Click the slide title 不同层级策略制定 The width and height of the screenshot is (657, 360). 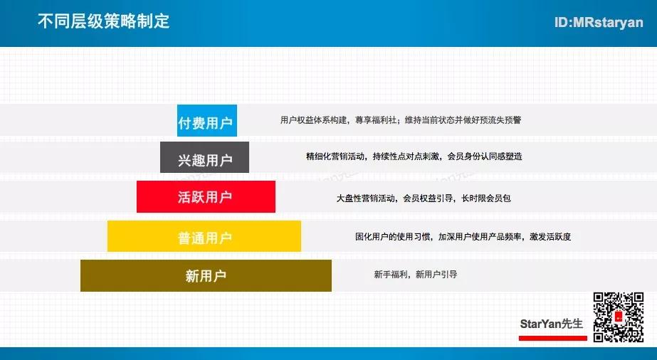click(103, 21)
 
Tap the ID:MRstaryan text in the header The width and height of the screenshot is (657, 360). click(599, 22)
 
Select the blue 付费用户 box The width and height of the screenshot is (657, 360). click(207, 120)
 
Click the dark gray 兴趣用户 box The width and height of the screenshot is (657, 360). click(204, 157)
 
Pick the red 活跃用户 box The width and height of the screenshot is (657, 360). click(206, 197)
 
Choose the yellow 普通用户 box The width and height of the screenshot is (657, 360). click(204, 236)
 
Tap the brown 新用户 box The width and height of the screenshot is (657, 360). click(206, 275)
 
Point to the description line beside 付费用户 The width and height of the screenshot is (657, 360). click(401, 120)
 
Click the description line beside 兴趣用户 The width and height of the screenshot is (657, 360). click(414, 157)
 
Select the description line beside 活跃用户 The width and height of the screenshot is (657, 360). click(424, 198)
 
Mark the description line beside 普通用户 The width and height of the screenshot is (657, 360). click(463, 236)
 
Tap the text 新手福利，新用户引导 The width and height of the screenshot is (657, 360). click(415, 275)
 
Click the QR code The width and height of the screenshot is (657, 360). click(619, 317)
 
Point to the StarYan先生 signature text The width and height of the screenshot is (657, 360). click(552, 324)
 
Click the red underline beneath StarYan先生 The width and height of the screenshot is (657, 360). click(552, 338)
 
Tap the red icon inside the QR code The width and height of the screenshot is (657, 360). click(619, 317)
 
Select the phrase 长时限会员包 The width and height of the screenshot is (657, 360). click(486, 198)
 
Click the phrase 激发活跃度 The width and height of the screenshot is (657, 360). click(550, 236)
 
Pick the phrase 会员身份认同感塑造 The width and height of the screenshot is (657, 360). click(485, 157)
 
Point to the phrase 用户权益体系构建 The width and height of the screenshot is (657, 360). click(313, 120)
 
